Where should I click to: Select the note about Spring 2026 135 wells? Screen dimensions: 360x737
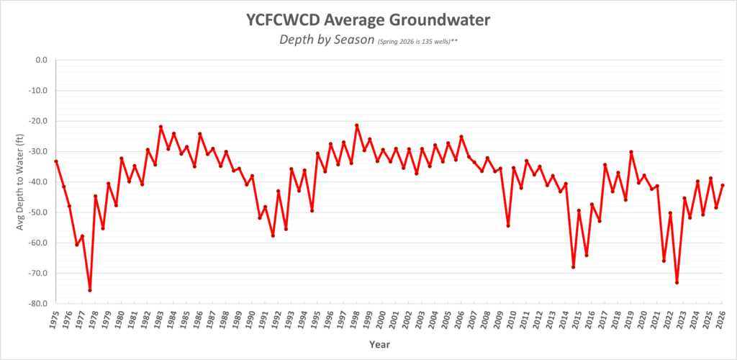coord(417,42)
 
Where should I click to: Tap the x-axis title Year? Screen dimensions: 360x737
coord(379,345)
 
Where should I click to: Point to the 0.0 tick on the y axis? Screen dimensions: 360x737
coord(37,60)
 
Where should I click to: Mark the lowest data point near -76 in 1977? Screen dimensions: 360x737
coord(90,290)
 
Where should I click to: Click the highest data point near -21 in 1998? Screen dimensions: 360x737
coord(356,125)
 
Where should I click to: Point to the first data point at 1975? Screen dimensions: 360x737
coord(56,161)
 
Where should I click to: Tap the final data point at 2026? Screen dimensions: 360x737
coord(723,185)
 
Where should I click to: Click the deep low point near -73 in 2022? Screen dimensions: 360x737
coord(677,282)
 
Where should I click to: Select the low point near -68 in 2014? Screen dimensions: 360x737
coord(573,267)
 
